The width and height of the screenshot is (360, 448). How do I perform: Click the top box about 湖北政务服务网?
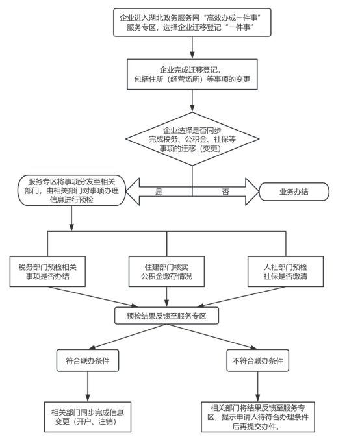(192, 22)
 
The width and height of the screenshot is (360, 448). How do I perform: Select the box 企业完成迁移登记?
(192, 74)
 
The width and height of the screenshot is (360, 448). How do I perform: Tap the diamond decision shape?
(192, 139)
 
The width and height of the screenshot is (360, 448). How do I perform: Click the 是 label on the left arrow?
(159, 192)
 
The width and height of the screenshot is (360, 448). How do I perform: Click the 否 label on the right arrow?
(225, 192)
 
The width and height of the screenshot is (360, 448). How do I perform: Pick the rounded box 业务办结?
(294, 192)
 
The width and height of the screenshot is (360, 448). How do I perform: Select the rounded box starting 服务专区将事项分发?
(71, 190)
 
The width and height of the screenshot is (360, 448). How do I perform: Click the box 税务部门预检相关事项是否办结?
(47, 271)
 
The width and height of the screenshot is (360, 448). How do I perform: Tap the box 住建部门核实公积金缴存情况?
(166, 271)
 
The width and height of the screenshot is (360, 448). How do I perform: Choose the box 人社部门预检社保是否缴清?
(285, 271)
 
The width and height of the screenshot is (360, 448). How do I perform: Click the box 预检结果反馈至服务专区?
(166, 316)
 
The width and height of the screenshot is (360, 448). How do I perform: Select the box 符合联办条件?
(88, 360)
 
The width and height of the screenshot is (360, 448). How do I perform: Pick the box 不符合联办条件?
(257, 360)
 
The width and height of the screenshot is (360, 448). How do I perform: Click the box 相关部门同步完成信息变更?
(88, 417)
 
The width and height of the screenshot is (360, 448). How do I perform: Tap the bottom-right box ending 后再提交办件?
(258, 417)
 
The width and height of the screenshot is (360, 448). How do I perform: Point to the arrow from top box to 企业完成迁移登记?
(192, 47)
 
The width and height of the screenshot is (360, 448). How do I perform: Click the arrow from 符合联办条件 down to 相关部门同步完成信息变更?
(88, 386)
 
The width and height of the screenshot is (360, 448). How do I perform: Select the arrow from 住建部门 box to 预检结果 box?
(166, 297)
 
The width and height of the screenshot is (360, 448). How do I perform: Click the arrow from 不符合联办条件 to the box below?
(257, 386)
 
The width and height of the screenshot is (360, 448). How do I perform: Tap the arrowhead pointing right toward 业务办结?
(251, 192)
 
